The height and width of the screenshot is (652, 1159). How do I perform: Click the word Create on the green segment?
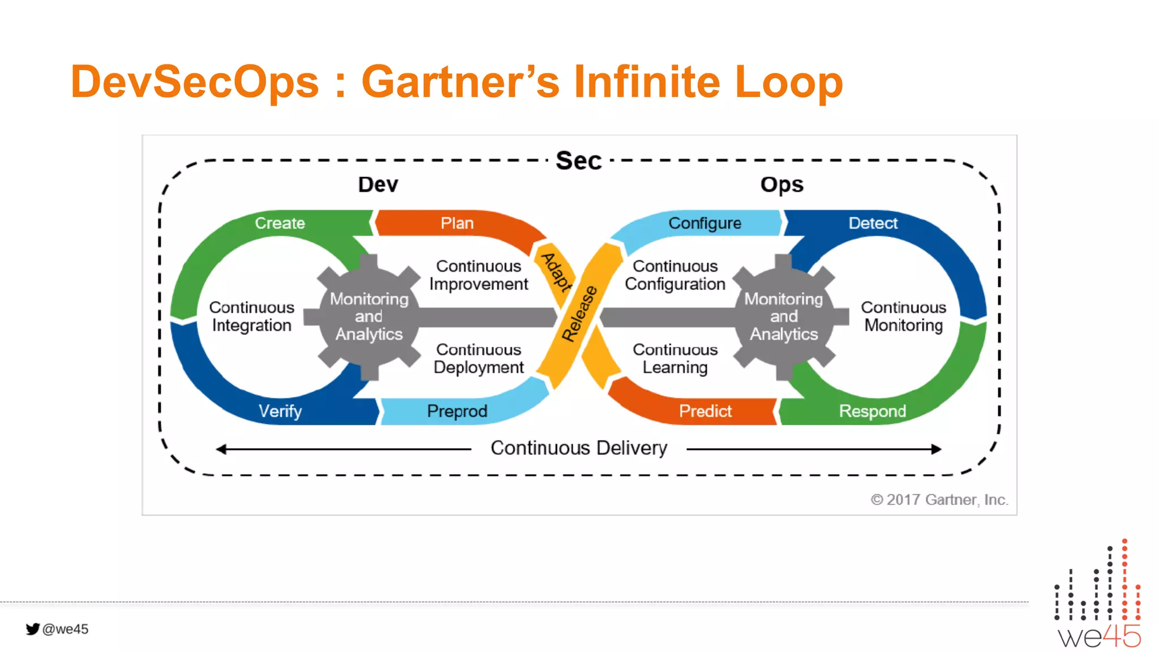coord(280,223)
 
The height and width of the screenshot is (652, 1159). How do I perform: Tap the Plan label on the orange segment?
coord(457,223)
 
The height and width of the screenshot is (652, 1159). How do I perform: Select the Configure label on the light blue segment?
coord(705,223)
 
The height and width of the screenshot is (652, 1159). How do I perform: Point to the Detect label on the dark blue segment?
coord(873,223)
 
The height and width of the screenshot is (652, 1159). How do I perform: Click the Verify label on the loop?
coord(280,411)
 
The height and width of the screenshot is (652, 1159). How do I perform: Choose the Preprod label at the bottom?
coord(457,411)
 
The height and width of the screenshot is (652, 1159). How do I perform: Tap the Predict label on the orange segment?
coord(705,411)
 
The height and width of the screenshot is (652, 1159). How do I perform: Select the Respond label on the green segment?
coord(872,411)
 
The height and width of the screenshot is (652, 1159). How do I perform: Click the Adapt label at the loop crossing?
coord(557,272)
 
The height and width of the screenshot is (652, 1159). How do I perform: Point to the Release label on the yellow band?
coord(579,314)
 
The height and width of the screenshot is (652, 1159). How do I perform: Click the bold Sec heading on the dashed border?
coord(578,161)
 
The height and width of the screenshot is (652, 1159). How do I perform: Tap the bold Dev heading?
coord(378,185)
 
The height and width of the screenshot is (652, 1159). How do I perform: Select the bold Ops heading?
coord(782,185)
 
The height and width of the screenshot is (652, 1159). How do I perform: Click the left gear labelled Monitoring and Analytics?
coord(369,316)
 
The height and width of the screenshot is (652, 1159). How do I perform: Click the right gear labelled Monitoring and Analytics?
coord(784,316)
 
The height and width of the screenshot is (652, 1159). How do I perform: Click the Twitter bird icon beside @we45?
coord(32,629)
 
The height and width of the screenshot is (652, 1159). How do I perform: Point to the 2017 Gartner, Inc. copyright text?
coord(939,500)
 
